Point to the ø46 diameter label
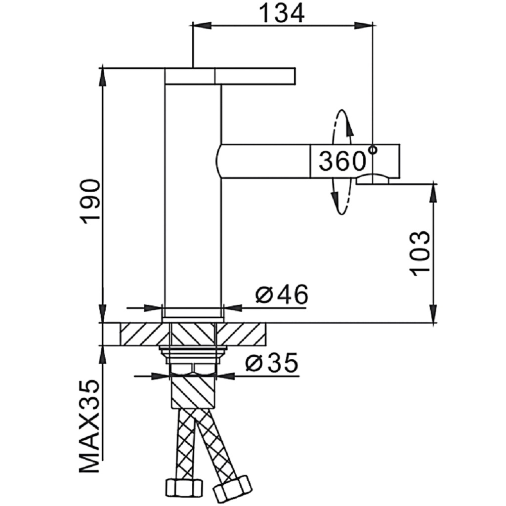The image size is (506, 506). [x=281, y=295]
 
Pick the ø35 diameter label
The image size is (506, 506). [x=271, y=364]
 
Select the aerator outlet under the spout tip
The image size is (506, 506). [x=373, y=180]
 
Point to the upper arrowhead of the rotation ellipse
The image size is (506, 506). [x=349, y=129]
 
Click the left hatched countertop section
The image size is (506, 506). [x=141, y=334]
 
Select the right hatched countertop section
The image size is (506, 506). [x=242, y=334]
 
